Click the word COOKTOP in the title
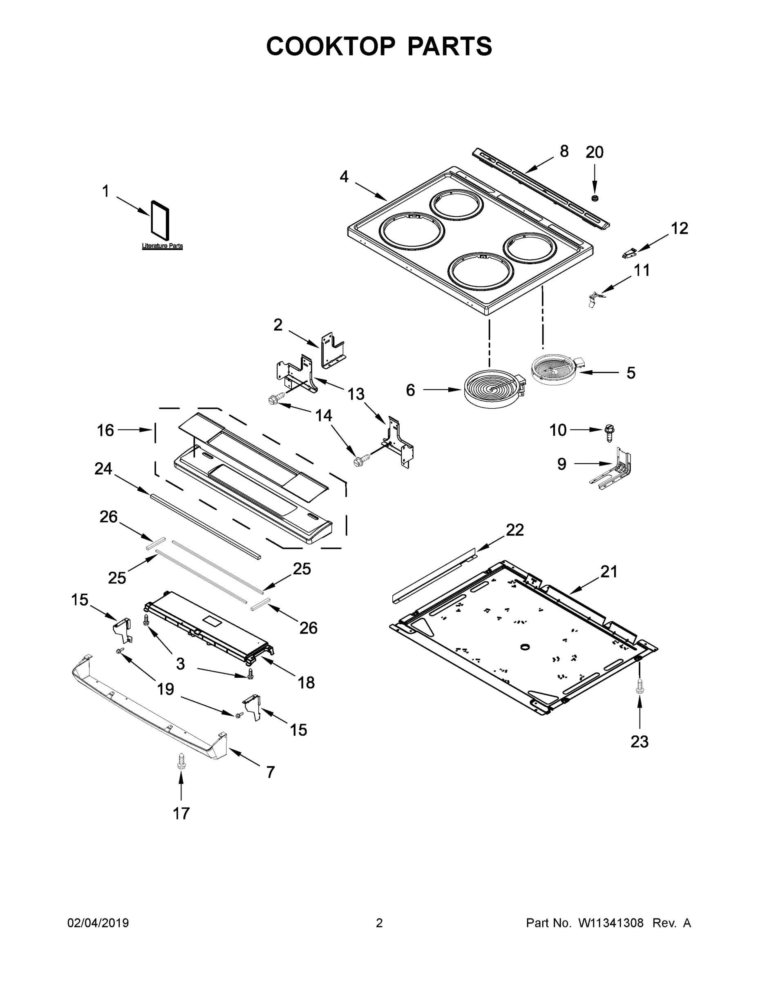331,46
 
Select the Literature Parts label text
162,246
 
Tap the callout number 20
594,153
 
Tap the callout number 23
639,741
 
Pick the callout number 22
514,530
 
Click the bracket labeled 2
333,350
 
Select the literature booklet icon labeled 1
160,219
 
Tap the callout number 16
105,430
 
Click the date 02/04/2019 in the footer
98,923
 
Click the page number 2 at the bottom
379,923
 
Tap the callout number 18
306,682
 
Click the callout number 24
103,469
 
